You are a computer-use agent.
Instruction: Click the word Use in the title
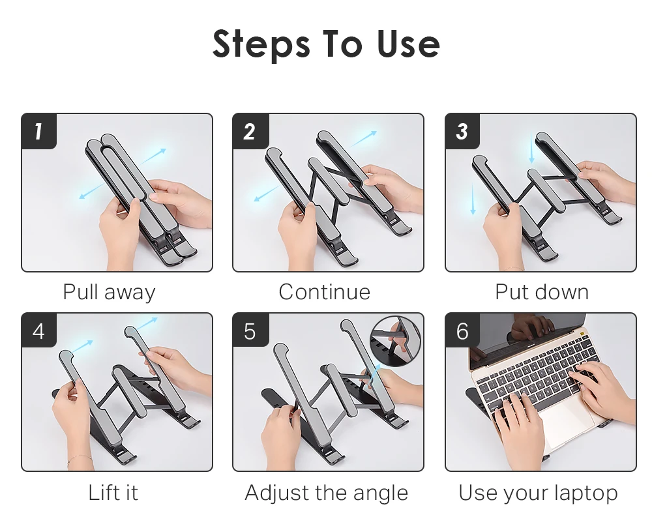pyautogui.click(x=409, y=43)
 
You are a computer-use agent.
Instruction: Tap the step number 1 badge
pyautogui.click(x=38, y=131)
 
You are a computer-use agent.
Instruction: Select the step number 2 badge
pyautogui.click(x=250, y=131)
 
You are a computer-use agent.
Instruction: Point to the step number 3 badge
pyautogui.click(x=462, y=131)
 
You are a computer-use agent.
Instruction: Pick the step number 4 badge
pyautogui.click(x=38, y=330)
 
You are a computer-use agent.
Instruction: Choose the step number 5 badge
pyautogui.click(x=250, y=330)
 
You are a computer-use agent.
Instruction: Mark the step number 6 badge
pyautogui.click(x=462, y=330)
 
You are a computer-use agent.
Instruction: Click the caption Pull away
pyautogui.click(x=110, y=293)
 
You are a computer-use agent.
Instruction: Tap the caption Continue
pyautogui.click(x=324, y=292)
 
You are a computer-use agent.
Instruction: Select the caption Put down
pyautogui.click(x=542, y=293)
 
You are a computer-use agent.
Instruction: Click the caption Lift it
pyautogui.click(x=113, y=493)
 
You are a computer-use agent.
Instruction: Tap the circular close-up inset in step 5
pyautogui.click(x=395, y=341)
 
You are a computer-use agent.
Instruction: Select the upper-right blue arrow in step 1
pyautogui.click(x=153, y=156)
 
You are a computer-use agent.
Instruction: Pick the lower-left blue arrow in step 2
pyautogui.click(x=267, y=194)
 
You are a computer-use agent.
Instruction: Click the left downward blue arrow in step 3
pyautogui.click(x=473, y=199)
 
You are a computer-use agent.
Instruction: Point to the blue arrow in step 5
pyautogui.click(x=374, y=373)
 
